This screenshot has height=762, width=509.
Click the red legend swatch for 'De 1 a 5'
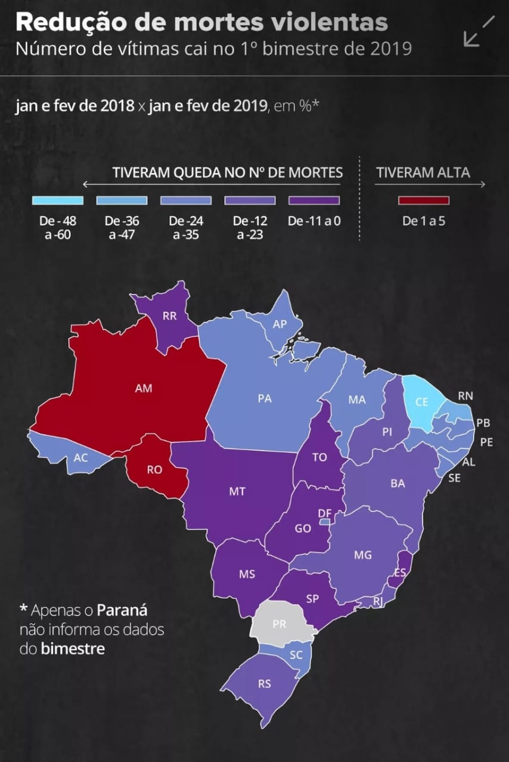pos(424,200)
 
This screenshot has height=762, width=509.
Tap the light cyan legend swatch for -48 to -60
pos(58,200)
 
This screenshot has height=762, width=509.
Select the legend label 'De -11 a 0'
pos(314,221)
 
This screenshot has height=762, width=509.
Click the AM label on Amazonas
pos(144,388)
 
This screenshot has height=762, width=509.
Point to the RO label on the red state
pos(154,470)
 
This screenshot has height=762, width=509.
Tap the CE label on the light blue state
pos(421,402)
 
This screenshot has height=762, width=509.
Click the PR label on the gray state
pos(279,625)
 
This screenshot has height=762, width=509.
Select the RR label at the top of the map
pos(169,316)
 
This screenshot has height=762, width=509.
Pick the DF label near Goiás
pos(325,513)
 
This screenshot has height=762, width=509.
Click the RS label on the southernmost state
pos(265,684)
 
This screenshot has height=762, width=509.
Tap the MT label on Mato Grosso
pos(237,492)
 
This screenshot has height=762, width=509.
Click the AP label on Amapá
pos(280,324)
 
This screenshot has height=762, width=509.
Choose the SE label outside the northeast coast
pos(454,477)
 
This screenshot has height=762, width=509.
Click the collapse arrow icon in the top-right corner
pos(479,31)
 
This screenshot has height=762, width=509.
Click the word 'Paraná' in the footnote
pos(122,610)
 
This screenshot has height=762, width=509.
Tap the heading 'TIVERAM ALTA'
pos(423,173)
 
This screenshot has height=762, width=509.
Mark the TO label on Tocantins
pos(320,457)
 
